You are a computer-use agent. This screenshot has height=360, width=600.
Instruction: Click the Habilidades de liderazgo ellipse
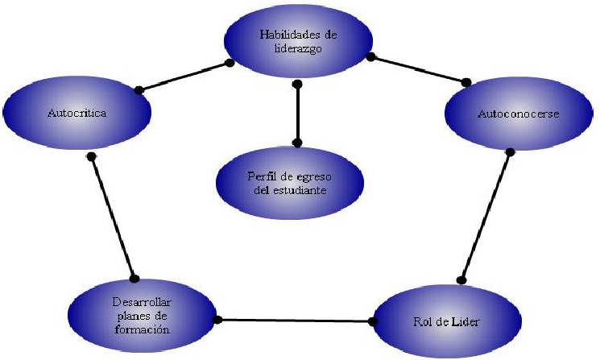pos(297,39)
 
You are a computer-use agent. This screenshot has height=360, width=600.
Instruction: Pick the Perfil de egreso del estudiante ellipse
pos(297,182)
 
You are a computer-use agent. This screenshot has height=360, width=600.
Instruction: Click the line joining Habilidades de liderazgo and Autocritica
pos(184,76)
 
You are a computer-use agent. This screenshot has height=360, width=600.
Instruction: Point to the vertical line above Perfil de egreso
pos(297,113)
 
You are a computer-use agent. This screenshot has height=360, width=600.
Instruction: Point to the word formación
pos(141,329)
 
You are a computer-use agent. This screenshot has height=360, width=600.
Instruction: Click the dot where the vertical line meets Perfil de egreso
pos(297,143)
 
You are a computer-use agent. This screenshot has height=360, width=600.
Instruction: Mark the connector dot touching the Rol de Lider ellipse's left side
pos(372,321)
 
